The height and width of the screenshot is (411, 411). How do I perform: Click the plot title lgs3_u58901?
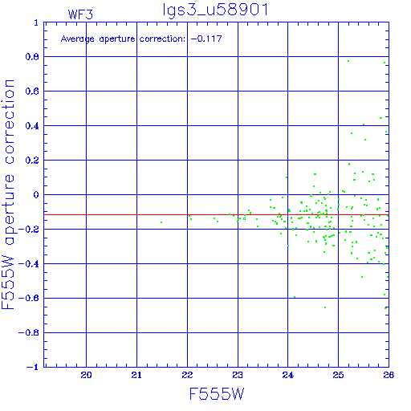coord(215,10)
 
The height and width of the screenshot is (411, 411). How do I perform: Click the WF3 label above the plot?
coord(80,14)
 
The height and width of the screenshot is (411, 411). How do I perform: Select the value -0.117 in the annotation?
coord(206,39)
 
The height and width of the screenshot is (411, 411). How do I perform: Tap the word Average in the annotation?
coord(78,39)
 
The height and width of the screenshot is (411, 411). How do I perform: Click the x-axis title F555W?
coord(217,394)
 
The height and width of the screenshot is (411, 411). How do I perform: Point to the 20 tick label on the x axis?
coord(86,375)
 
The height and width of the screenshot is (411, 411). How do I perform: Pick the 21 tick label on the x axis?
coord(136,375)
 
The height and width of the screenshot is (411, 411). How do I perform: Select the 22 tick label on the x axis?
coord(187,375)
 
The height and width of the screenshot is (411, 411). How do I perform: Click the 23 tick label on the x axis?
coord(238,375)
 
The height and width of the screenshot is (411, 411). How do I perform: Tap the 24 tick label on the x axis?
coord(288,375)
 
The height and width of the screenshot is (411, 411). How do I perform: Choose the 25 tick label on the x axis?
coord(338,375)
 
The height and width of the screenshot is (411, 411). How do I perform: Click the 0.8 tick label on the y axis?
coord(32,57)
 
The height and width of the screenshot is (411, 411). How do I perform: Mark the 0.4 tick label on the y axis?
coord(32,126)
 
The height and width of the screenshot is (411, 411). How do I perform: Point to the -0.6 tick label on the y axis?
coord(29,298)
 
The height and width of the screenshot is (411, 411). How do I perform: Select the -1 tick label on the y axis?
coord(33,367)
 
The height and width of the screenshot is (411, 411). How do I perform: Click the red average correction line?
coord(216,214)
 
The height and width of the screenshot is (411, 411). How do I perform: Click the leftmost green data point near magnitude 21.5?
coord(161,222)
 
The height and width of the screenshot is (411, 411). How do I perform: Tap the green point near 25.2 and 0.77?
coord(348,61)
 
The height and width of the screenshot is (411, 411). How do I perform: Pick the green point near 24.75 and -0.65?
coord(325,307)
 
